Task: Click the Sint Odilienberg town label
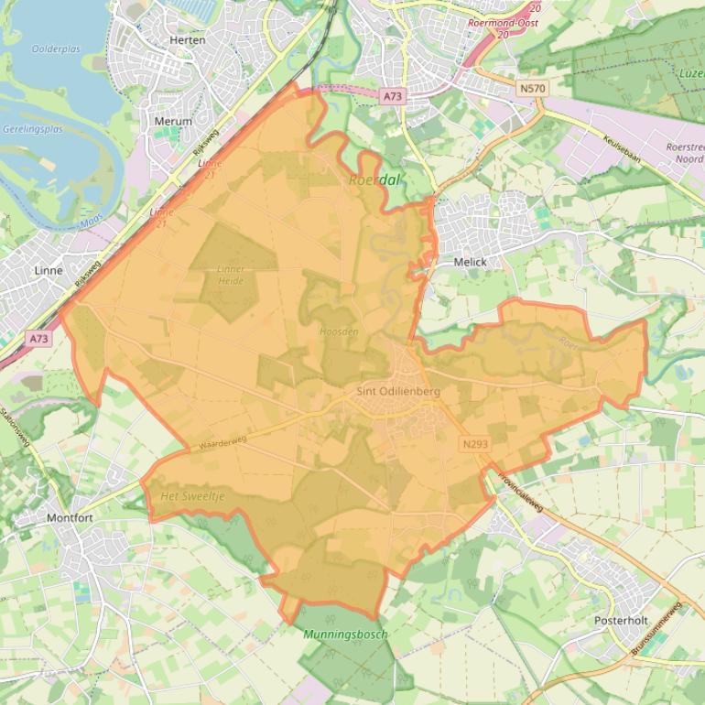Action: (x=398, y=391)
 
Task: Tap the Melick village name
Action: (x=470, y=262)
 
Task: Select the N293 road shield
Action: (x=474, y=444)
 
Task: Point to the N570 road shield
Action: (x=531, y=88)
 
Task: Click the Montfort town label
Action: (x=70, y=517)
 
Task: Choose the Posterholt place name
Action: (x=621, y=620)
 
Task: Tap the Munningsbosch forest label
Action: (x=345, y=634)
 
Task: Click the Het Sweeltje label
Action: (x=192, y=495)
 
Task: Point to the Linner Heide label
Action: (x=231, y=275)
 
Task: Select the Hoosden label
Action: (x=339, y=331)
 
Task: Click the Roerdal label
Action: (x=374, y=180)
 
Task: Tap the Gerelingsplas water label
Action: (x=32, y=129)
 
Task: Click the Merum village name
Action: (x=173, y=121)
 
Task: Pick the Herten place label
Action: (x=188, y=40)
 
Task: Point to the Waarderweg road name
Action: (x=223, y=442)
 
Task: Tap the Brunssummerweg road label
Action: (x=656, y=628)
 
